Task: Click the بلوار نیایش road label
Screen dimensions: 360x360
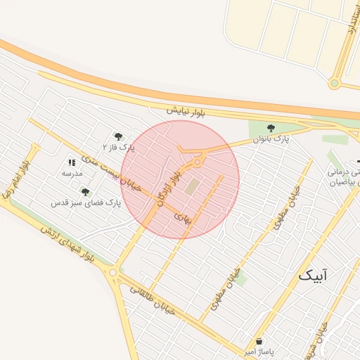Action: click(186, 111)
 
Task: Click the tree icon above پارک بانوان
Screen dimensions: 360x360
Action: click(271, 128)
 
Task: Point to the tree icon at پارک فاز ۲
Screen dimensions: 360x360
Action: click(118, 136)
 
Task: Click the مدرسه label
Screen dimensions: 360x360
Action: click(72, 173)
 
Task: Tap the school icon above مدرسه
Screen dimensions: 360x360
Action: click(72, 162)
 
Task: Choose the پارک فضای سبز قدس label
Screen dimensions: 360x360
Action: click(86, 202)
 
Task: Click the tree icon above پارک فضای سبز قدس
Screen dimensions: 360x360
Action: click(85, 191)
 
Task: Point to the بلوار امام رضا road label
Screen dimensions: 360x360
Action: click(17, 177)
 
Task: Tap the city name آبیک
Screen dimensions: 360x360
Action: click(313, 275)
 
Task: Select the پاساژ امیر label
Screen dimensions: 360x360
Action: click(259, 351)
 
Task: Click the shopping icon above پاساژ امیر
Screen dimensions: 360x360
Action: click(259, 341)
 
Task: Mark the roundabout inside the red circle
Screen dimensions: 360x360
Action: click(198, 163)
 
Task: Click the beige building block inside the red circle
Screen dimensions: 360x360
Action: click(192, 186)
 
